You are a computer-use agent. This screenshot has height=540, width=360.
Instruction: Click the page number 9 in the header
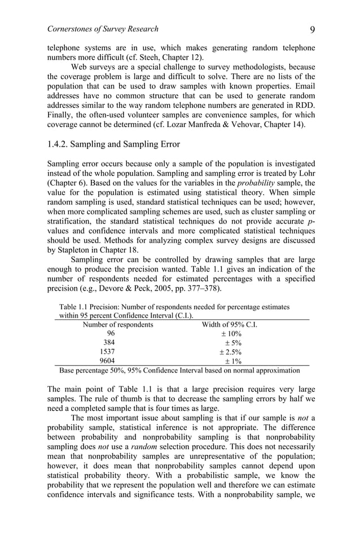311,29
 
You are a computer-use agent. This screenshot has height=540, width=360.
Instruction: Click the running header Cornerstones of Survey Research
103,29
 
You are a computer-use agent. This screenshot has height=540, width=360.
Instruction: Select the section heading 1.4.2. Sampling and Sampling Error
113,144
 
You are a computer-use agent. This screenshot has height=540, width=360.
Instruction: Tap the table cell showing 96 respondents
111,333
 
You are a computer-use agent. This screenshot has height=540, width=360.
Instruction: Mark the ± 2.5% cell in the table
230,352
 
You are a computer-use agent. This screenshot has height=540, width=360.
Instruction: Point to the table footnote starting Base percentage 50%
179,371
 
